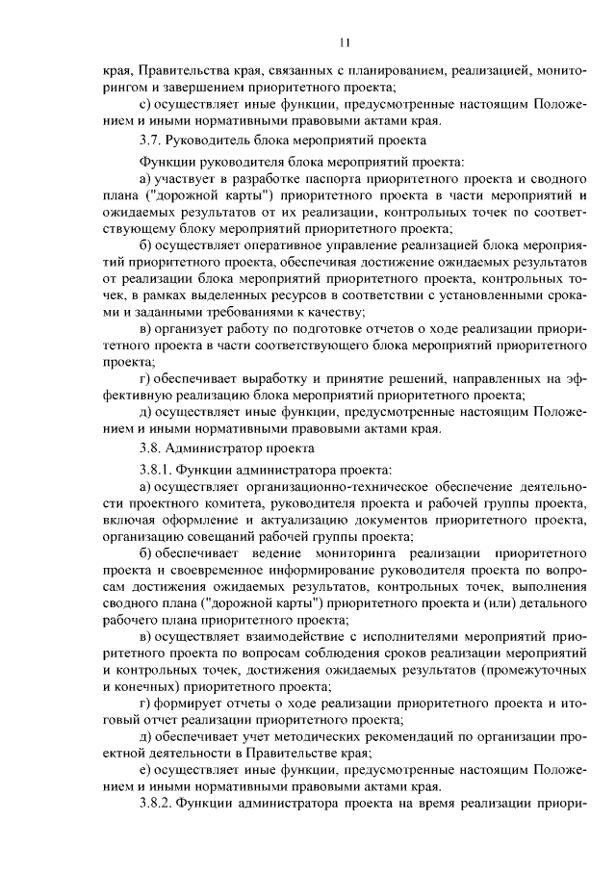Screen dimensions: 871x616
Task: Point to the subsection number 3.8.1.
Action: coord(158,469)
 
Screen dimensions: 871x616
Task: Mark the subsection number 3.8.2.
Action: coord(159,805)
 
